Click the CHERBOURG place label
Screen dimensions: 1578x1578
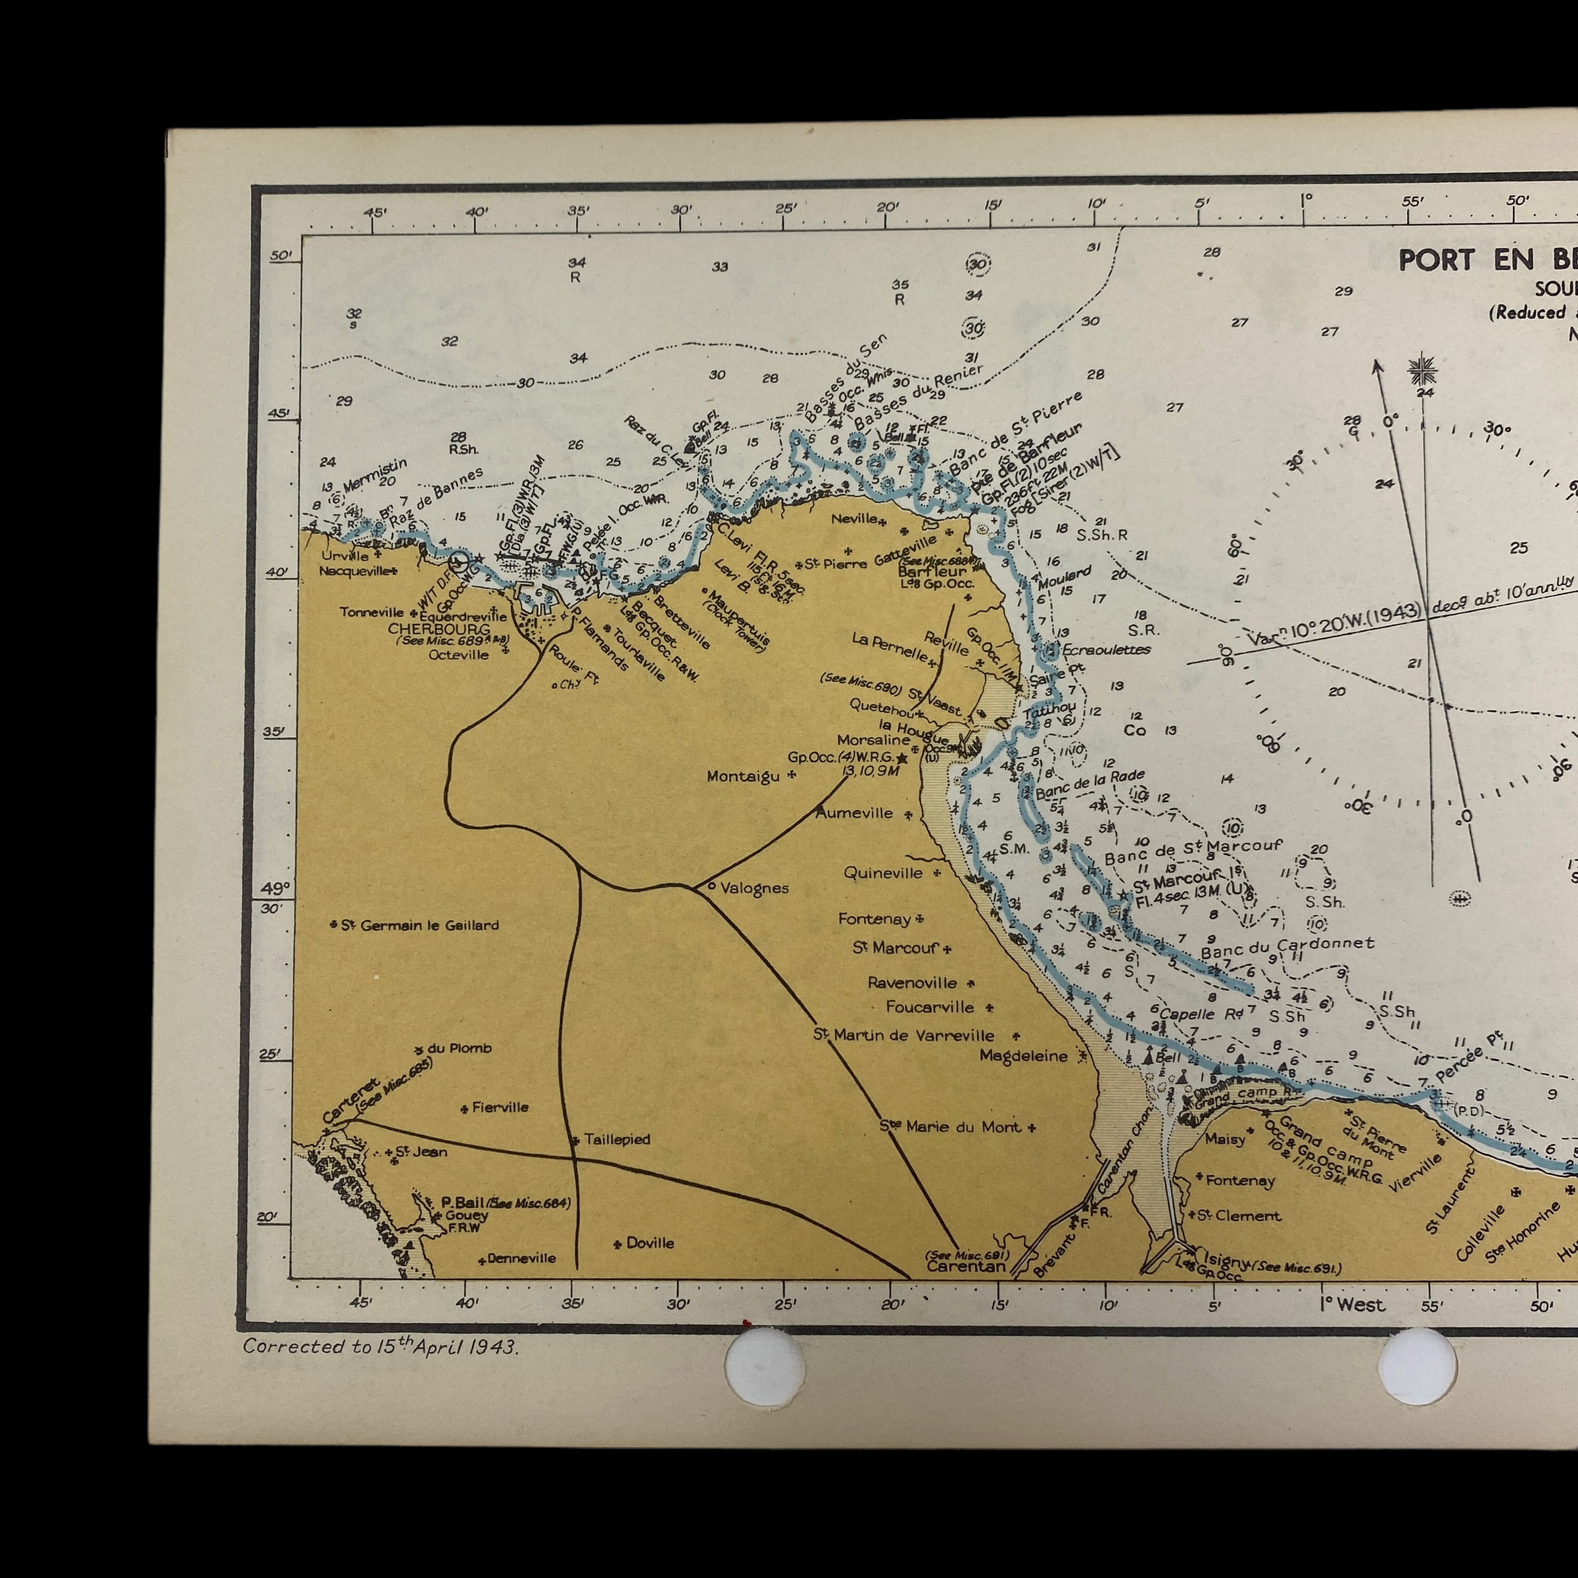[x=439, y=629]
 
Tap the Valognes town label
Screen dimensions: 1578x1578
[x=754, y=888]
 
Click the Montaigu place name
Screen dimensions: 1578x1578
[x=743, y=776]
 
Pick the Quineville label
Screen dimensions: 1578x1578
[x=883, y=873]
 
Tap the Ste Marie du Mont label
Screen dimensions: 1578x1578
[x=950, y=1126]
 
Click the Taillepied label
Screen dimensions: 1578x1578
[x=617, y=1139]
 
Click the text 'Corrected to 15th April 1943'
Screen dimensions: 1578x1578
[x=381, y=1347]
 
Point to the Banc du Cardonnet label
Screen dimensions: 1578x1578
[x=1287, y=947]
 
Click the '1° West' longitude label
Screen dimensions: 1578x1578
[x=1352, y=1304]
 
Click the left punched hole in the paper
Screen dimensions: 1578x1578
[x=765, y=1366]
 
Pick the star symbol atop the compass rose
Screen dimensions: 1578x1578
[x=1423, y=371]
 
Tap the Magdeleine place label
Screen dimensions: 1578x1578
[x=1024, y=1056]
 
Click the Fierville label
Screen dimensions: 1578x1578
[x=500, y=1107]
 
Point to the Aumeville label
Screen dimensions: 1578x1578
[x=854, y=813]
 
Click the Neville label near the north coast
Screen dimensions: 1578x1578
[x=854, y=519]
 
